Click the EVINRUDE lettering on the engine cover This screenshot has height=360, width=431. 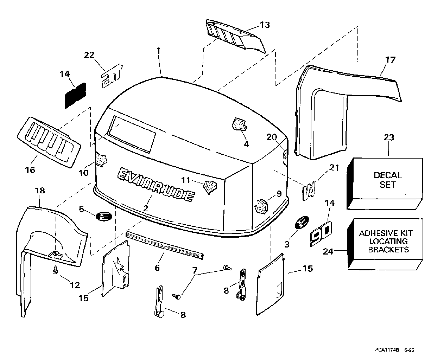(x=156, y=185)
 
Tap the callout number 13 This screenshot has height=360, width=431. (x=265, y=25)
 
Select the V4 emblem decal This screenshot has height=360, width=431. (x=309, y=191)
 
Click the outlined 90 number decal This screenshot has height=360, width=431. (x=321, y=233)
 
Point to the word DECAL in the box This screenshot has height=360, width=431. (x=388, y=175)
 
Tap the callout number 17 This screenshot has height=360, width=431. (x=390, y=60)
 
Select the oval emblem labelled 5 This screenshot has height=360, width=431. (x=104, y=217)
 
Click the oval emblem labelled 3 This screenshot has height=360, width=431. (x=302, y=222)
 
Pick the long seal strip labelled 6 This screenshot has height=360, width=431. (x=165, y=245)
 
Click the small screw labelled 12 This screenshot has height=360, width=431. (x=55, y=269)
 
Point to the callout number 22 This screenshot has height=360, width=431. (x=89, y=55)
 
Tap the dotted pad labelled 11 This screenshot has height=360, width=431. (x=210, y=187)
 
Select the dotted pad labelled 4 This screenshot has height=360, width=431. (x=240, y=124)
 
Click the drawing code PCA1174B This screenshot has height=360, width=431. (x=387, y=350)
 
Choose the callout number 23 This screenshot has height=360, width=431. (x=389, y=137)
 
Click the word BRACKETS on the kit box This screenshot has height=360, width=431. (x=388, y=250)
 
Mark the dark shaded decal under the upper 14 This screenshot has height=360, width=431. (x=75, y=96)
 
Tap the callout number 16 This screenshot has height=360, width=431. (x=30, y=170)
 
